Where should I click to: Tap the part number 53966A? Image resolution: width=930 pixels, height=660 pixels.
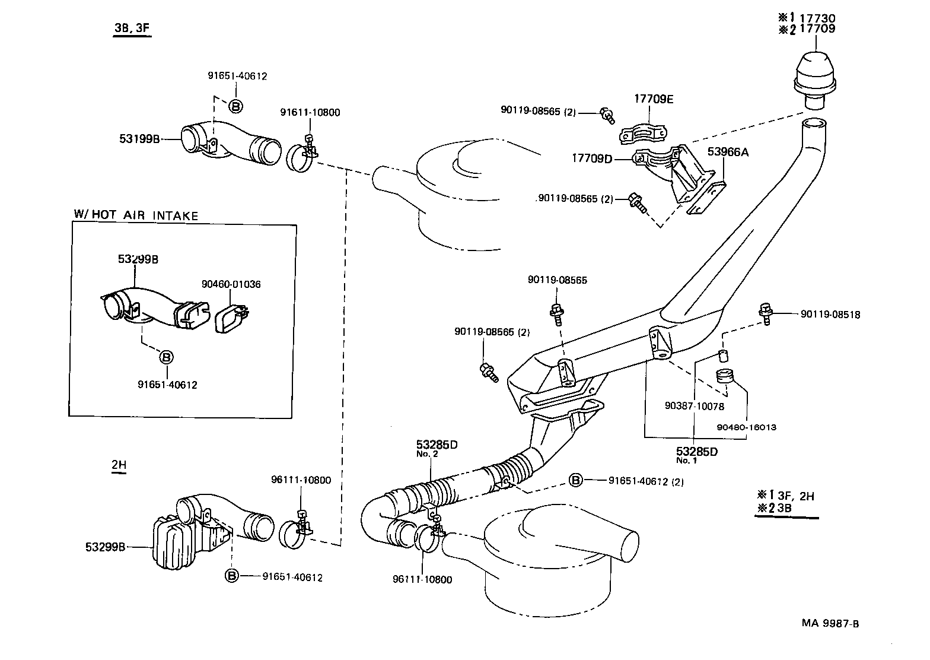pyautogui.click(x=727, y=152)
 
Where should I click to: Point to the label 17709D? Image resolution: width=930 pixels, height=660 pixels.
pyautogui.click(x=593, y=158)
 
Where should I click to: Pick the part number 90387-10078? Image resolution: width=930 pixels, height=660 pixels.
pyautogui.click(x=695, y=407)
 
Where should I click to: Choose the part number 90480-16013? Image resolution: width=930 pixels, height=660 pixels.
pyautogui.click(x=746, y=427)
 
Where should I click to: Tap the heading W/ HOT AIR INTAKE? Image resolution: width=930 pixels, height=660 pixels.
pyautogui.click(x=135, y=215)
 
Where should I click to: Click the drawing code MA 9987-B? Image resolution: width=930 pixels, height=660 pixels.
pyautogui.click(x=830, y=623)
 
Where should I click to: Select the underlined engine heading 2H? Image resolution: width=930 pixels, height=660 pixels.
pyautogui.click(x=119, y=465)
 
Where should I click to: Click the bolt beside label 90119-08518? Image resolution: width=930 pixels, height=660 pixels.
pyautogui.click(x=765, y=312)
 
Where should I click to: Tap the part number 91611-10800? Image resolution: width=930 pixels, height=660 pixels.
pyautogui.click(x=310, y=113)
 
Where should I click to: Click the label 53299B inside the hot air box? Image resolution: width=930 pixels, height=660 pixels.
pyautogui.click(x=138, y=259)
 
